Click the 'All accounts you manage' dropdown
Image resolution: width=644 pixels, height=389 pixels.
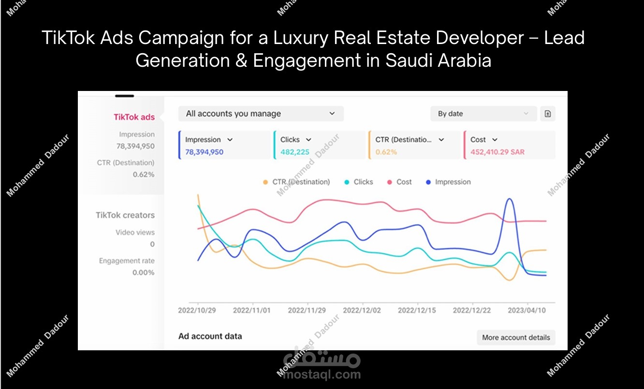pos(261,114)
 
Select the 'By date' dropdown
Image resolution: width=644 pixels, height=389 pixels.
pos(483,114)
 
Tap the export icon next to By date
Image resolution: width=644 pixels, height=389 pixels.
pos(548,114)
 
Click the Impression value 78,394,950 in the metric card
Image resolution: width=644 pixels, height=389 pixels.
pos(204,152)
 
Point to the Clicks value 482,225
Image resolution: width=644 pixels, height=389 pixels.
pos(295,152)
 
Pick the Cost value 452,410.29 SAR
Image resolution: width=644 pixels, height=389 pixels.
pos(498,152)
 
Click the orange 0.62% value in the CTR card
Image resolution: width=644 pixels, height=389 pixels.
pos(386,152)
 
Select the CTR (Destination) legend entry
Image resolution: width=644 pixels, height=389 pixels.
pos(296,182)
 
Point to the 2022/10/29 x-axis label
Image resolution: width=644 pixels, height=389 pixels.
pos(197,310)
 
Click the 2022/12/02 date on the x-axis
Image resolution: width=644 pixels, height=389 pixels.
pos(362,310)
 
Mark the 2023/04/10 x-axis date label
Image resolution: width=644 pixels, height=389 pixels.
pos(527,310)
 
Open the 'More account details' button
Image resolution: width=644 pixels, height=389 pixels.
pos(516,337)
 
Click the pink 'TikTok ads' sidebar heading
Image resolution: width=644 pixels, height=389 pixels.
pos(134,117)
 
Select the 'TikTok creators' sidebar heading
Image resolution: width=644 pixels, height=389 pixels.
pos(125,215)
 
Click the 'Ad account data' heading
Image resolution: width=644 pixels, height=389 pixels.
pos(210,336)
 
